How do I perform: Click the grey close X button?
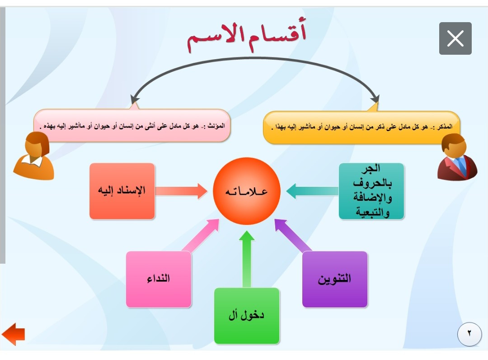(455, 38)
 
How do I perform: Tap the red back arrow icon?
(13, 334)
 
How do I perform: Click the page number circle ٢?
(469, 334)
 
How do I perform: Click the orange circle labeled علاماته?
(247, 191)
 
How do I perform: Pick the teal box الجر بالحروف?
(371, 191)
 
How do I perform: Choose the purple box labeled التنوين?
(334, 279)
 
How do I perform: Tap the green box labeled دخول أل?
(247, 316)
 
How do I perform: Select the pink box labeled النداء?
(159, 279)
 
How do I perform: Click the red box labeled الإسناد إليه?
(122, 191)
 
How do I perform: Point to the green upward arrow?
(247, 259)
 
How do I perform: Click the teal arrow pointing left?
(312, 191)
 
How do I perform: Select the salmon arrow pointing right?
(181, 191)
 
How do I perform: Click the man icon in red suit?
(457, 157)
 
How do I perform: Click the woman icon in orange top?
(33, 156)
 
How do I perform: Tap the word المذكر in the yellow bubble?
(445, 127)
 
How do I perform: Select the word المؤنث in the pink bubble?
(216, 126)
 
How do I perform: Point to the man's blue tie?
(460, 165)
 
